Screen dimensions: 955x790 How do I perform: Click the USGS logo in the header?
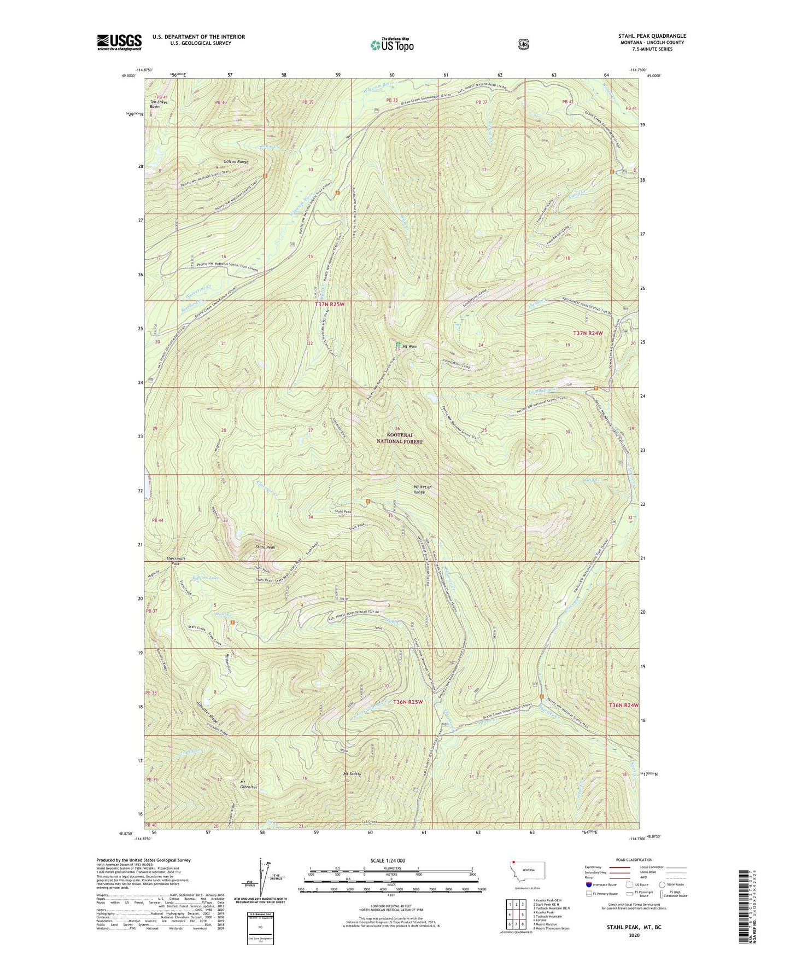(x=119, y=42)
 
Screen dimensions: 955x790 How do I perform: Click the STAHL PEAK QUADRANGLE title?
(x=652, y=36)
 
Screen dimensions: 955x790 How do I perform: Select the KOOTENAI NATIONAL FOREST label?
(x=400, y=438)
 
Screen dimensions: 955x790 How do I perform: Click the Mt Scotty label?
(x=352, y=774)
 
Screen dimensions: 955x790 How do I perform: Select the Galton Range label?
(x=236, y=162)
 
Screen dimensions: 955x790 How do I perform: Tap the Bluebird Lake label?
(x=193, y=578)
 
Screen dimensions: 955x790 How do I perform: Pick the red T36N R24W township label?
(x=623, y=705)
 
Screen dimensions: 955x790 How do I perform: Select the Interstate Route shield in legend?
(x=588, y=884)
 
